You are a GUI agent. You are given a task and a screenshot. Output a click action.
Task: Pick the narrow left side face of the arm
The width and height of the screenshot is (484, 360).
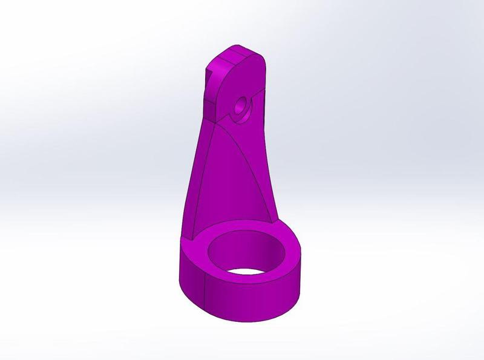(194, 182)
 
